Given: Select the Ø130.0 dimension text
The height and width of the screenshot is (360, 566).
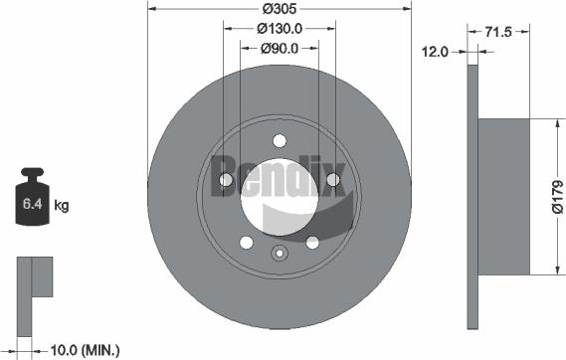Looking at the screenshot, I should (x=280, y=30).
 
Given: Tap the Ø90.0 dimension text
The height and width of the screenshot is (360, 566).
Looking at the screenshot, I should (x=280, y=48).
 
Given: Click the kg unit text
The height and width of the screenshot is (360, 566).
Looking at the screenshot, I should (x=62, y=207).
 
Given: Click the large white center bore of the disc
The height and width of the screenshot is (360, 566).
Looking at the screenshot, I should (x=279, y=194).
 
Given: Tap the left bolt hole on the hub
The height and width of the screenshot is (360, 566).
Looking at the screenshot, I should (x=226, y=180).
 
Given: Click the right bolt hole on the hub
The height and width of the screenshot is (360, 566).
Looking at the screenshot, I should (x=332, y=180).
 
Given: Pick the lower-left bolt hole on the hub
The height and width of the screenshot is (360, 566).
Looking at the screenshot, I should (x=246, y=242).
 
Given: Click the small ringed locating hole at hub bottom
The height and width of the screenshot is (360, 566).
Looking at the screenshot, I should (x=279, y=251).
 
